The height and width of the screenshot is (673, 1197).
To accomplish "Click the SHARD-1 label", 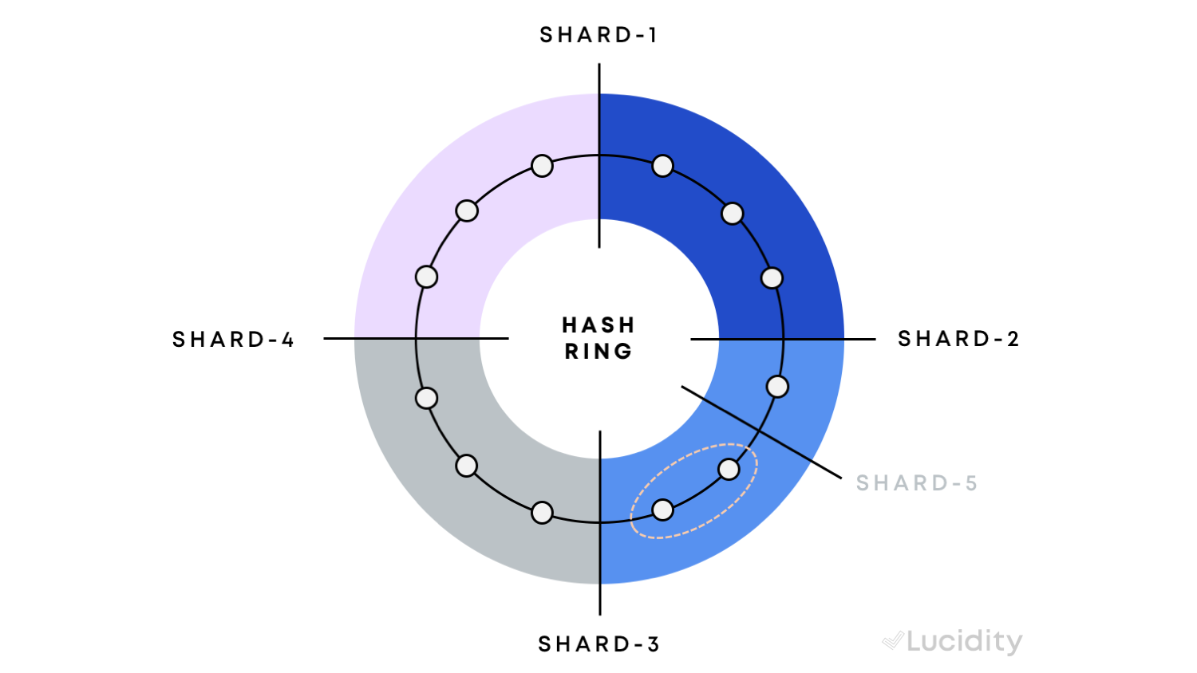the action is [598, 35].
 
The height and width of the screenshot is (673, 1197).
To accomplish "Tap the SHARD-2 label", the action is [958, 339].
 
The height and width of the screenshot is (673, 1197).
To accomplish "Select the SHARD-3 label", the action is [599, 644].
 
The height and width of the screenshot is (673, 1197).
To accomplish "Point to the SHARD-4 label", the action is [234, 339].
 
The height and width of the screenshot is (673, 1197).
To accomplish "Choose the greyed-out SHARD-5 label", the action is [917, 483].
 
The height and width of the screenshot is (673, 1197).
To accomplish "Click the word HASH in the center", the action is [598, 325].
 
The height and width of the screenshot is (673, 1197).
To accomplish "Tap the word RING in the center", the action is [598, 352].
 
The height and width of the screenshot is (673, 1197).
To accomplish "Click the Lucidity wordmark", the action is [965, 641].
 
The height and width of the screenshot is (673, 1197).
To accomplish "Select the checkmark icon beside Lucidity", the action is [893, 640].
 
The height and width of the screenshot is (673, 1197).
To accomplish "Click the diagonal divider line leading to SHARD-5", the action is [761, 432].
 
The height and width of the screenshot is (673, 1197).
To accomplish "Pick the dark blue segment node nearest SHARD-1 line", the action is [662, 166].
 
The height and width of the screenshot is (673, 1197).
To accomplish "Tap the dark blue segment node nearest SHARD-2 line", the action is [772, 277].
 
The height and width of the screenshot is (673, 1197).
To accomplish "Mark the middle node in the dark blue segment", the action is [732, 214].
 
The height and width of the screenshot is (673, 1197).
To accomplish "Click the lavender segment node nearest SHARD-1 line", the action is [542, 166].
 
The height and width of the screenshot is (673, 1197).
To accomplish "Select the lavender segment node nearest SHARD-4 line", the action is [426, 277].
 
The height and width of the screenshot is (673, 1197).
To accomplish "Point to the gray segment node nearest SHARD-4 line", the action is [426, 398].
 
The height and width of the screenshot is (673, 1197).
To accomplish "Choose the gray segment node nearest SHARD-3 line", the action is [542, 513].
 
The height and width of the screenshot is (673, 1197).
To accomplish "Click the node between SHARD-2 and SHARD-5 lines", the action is [777, 387].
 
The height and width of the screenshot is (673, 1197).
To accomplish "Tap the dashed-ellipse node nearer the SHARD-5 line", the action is [729, 470].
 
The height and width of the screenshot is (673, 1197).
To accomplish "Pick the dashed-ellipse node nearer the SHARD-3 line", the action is [662, 510].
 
